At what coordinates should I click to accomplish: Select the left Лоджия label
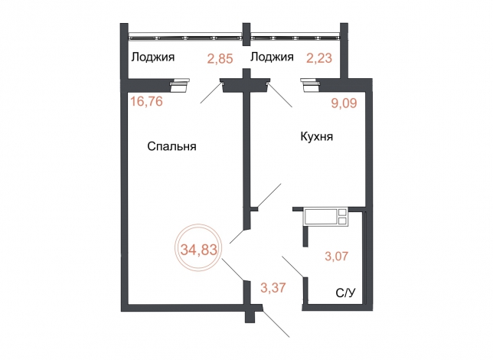pyautogui.click(x=153, y=57)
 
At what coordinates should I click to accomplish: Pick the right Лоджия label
pyautogui.click(x=272, y=57)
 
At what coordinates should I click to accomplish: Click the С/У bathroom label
pyautogui.click(x=346, y=293)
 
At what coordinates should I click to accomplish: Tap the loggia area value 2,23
pyautogui.click(x=320, y=57)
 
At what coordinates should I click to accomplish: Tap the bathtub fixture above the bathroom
pyautogui.click(x=326, y=217)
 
